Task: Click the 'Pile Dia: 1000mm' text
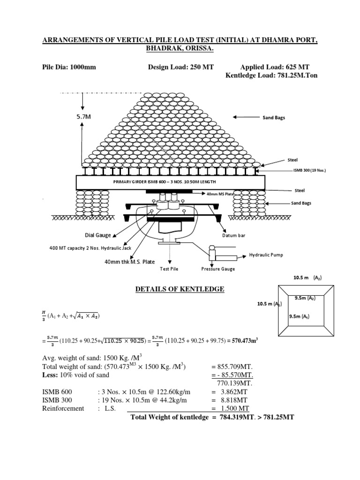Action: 69,67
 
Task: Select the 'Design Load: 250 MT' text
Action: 180,67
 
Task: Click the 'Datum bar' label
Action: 233,235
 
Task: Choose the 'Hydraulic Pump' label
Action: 266,255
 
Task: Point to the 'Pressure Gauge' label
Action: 217,269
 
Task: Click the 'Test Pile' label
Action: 169,269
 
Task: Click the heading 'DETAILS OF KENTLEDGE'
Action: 180,290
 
